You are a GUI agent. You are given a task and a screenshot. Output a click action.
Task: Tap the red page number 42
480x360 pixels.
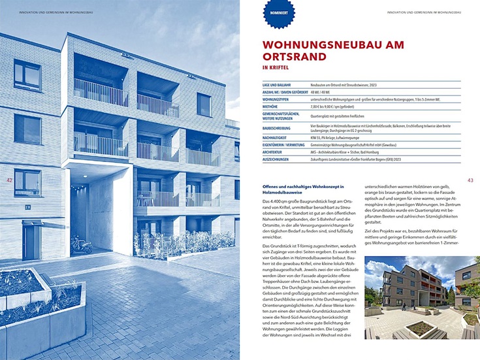(9, 180)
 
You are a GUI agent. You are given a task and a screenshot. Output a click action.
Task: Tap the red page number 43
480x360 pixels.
(470, 180)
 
